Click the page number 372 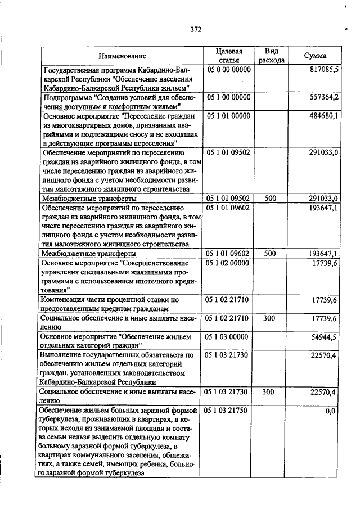(x=196, y=29)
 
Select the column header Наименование (x=122, y=56)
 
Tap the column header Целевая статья (x=228, y=56)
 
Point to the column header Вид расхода (x=271, y=56)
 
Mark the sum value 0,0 (x=331, y=411)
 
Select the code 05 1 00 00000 (x=228, y=98)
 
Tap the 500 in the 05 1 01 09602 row (x=270, y=254)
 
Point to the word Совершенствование (x=157, y=263)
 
